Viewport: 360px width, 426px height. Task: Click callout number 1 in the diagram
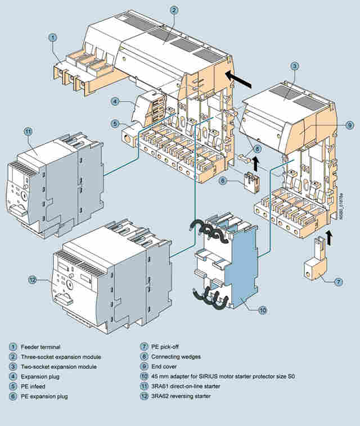52,38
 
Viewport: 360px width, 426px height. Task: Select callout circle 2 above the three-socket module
174,10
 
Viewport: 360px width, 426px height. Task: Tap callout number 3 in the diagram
294,66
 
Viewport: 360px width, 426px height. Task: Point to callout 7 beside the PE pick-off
338,281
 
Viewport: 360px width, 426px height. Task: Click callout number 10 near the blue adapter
263,310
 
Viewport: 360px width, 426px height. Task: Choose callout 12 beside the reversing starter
32,278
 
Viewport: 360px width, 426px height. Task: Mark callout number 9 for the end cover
349,124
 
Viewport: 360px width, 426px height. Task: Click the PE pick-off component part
319,265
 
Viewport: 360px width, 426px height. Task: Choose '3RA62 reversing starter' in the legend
181,397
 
